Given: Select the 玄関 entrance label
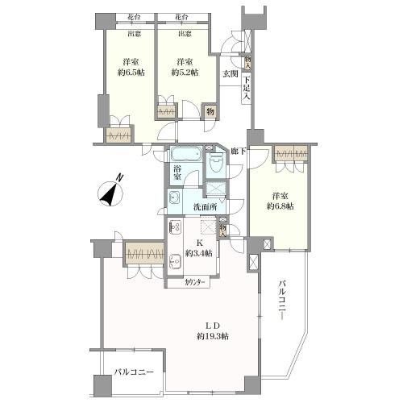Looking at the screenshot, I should coord(231,75).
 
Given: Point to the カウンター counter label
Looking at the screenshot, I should coord(194,283).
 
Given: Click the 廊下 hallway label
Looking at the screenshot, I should coord(238,151).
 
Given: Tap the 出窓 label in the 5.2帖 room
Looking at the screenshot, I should coord(185,34).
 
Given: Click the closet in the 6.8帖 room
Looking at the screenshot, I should coord(291,153).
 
